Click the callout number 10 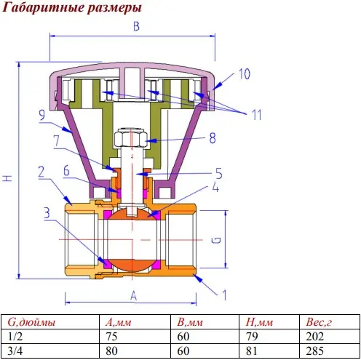(x=245, y=74)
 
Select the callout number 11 (x=257, y=115)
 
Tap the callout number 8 (x=213, y=138)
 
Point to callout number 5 (x=218, y=173)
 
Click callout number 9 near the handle (x=42, y=114)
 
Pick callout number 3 (x=47, y=213)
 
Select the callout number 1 (x=224, y=295)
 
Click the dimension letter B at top (x=137, y=26)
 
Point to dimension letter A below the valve (x=134, y=296)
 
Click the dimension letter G (x=217, y=240)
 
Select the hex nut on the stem (x=131, y=138)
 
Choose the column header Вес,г (x=319, y=322)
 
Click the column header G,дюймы (x=31, y=322)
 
